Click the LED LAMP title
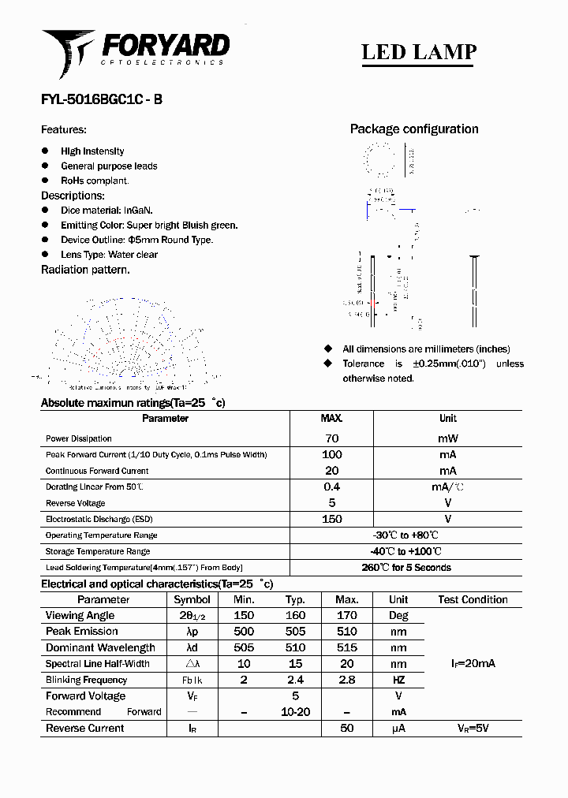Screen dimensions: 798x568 [418, 52]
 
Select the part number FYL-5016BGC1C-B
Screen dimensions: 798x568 [102, 100]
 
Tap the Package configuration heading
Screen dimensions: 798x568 [414, 129]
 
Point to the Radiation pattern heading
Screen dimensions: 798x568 [85, 270]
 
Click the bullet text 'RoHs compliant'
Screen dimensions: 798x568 [95, 181]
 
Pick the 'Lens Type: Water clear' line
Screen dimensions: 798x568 [109, 255]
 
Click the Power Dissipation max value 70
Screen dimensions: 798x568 [331, 438]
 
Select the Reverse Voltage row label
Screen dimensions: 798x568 [75, 503]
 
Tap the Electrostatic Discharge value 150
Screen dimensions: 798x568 [331, 519]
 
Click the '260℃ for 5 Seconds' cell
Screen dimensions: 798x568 [405, 568]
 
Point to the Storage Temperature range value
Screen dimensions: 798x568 [405, 551]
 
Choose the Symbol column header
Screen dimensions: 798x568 [192, 600]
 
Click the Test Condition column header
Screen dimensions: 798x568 [473, 600]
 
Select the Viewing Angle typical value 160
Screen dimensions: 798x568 [295, 616]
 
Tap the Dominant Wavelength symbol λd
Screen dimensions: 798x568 [192, 648]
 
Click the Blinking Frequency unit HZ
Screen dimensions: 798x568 [398, 680]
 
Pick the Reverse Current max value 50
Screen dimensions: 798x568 [346, 729]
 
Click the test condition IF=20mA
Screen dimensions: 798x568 [473, 664]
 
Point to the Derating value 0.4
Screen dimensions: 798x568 [331, 487]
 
